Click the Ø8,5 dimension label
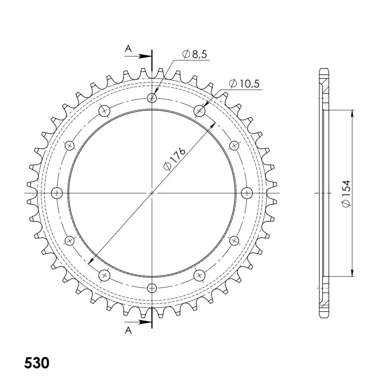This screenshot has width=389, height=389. pyautogui.click(x=194, y=54)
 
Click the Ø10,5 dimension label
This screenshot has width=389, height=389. pyautogui.click(x=244, y=84)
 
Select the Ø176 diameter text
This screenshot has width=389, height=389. pyautogui.click(x=175, y=159)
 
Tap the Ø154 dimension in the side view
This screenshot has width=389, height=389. pyautogui.click(x=346, y=194)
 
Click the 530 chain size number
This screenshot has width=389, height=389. pyautogui.click(x=37, y=363)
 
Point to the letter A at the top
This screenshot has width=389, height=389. pyautogui.click(x=128, y=49)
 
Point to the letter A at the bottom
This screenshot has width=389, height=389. pyautogui.click(x=128, y=330)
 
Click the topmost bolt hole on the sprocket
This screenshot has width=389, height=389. pyautogui.click(x=152, y=98)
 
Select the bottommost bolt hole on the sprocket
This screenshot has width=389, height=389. pyautogui.click(x=152, y=288)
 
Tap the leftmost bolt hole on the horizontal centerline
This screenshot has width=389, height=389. pyautogui.click(x=57, y=193)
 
